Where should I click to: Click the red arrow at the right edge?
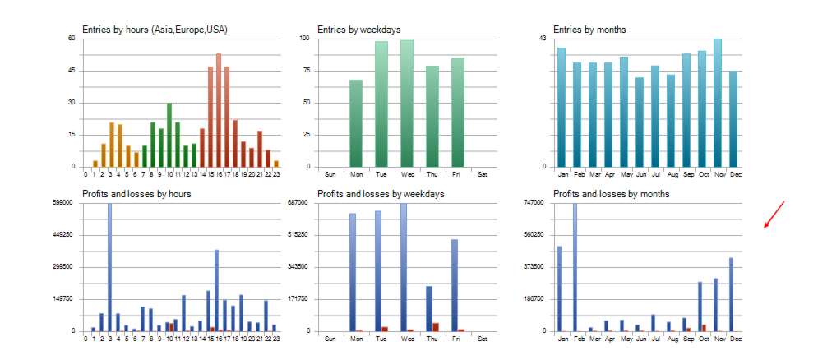(774, 215)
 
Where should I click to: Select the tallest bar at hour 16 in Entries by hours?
(219, 110)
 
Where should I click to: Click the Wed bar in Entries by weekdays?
(407, 103)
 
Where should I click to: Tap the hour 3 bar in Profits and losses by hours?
(110, 267)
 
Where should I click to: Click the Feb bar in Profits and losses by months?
(575, 267)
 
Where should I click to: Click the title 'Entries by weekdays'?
(359, 30)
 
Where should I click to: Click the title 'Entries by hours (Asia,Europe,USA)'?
(155, 30)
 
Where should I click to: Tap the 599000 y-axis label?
(64, 203)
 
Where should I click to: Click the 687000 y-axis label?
(298, 203)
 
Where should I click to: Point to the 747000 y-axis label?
(535, 203)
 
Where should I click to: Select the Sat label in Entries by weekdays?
(483, 174)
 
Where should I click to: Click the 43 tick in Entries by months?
(543, 39)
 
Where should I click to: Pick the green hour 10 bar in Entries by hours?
(169, 135)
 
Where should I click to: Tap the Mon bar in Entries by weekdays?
(356, 123)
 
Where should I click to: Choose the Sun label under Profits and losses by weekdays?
(330, 339)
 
